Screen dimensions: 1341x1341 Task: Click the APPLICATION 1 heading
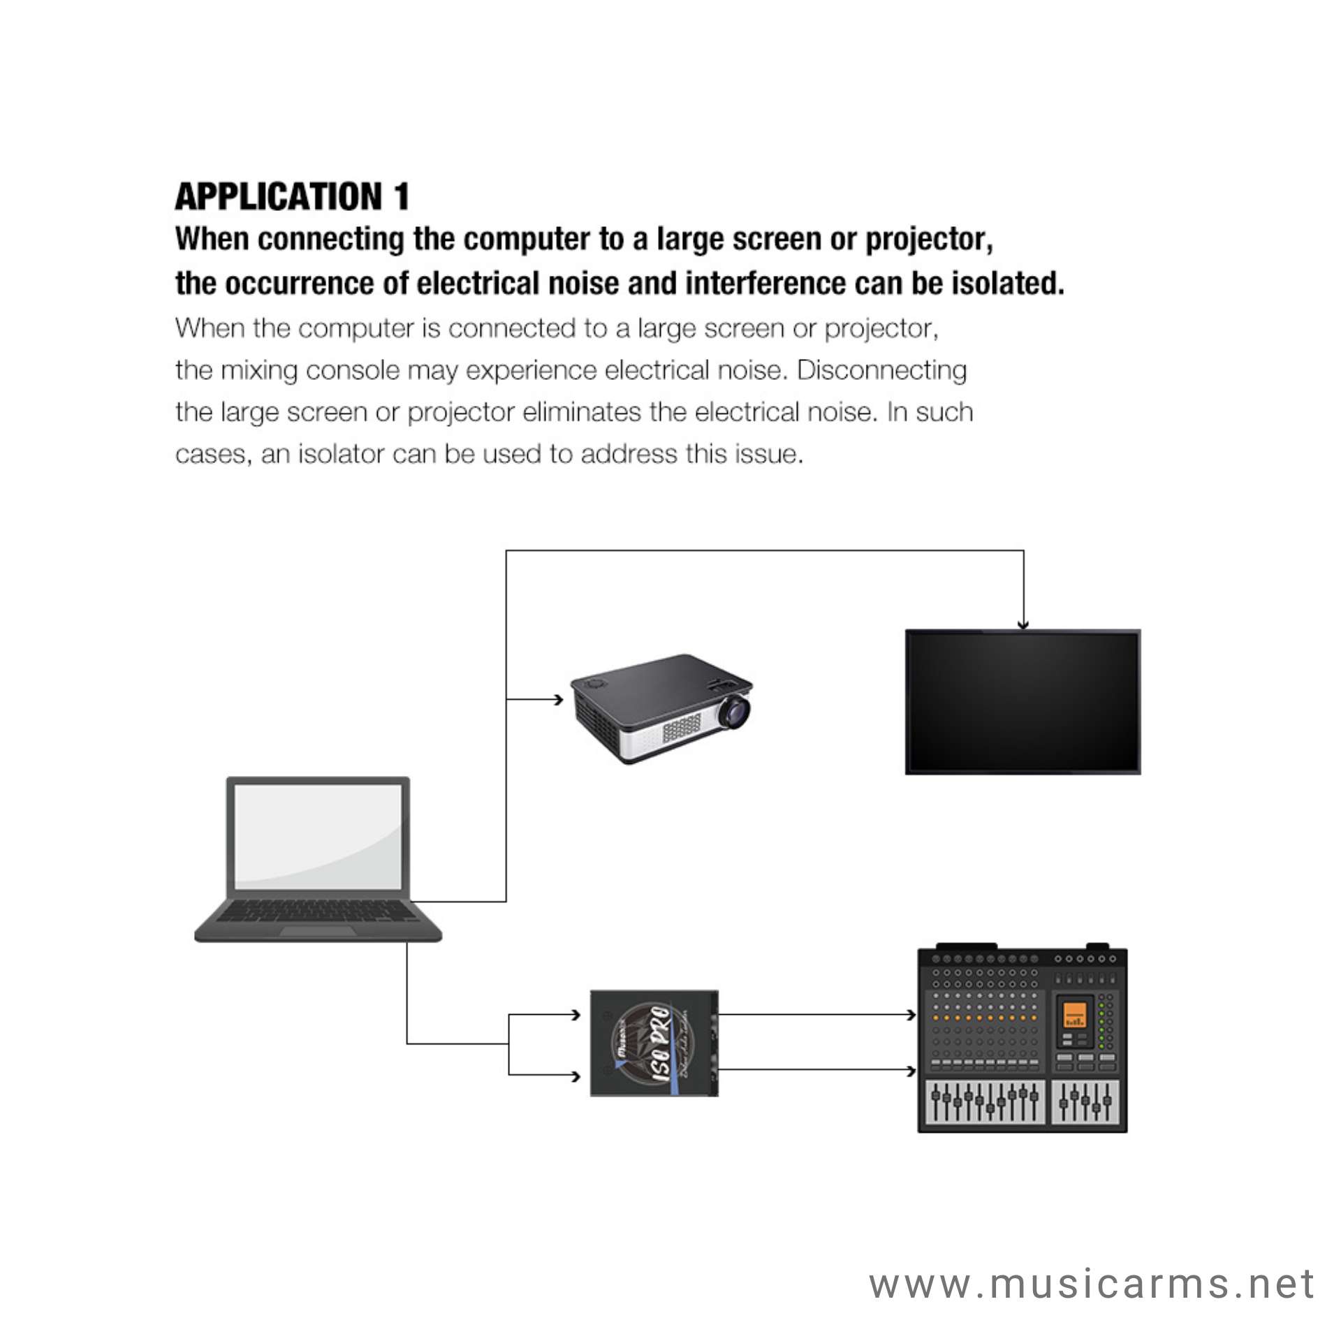click(x=292, y=196)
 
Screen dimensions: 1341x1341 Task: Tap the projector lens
click(x=735, y=711)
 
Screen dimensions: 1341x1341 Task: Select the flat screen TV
click(x=1023, y=701)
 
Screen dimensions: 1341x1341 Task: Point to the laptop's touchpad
click(x=318, y=931)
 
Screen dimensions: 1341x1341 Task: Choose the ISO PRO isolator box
click(x=654, y=1042)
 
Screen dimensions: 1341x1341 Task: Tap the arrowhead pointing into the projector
click(x=559, y=699)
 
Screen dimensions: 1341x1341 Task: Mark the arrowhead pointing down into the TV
click(x=1023, y=625)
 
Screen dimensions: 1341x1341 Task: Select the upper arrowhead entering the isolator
click(x=576, y=1014)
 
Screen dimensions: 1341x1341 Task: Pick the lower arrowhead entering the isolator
click(x=576, y=1076)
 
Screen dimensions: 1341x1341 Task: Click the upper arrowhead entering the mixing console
click(x=911, y=1014)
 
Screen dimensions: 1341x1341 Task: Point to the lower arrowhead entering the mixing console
click(x=911, y=1071)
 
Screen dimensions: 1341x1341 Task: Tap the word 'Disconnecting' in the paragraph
click(x=881, y=370)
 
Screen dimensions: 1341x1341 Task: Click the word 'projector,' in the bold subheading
click(x=929, y=240)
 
